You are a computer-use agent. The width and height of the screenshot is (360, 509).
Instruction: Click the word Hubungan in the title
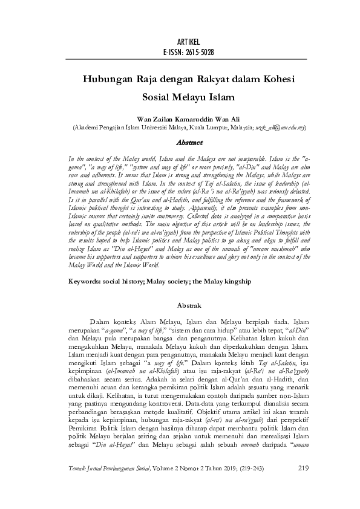tap(107, 79)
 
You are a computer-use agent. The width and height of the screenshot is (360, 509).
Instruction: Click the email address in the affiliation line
tap(279, 128)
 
